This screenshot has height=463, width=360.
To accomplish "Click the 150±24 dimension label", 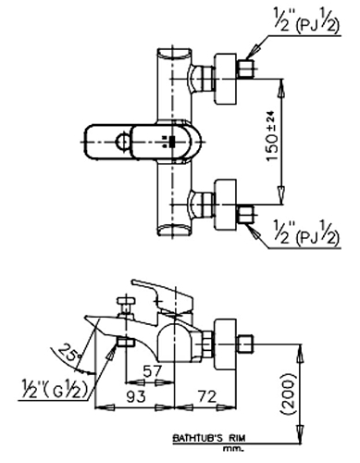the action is (272, 136).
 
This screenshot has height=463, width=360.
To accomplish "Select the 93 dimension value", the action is (136, 396).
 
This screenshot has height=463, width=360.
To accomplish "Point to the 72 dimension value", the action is (206, 396).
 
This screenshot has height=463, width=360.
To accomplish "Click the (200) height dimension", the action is (289, 393).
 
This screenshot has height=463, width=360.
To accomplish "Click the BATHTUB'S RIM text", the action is (209, 438).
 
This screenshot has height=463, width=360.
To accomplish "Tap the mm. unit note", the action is (233, 449).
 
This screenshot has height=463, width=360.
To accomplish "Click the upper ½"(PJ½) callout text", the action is (306, 20).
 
